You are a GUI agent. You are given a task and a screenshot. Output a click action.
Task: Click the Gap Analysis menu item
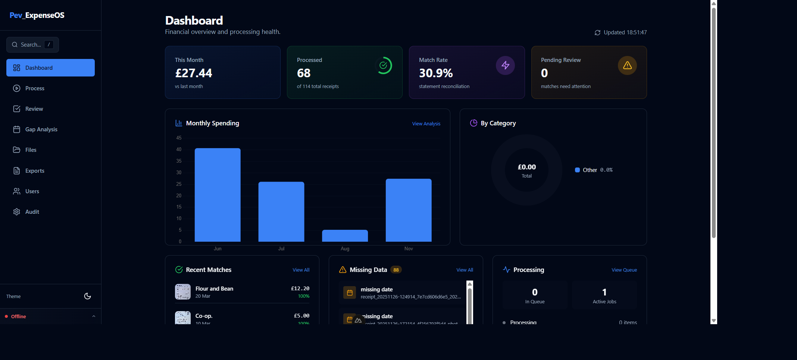click(x=41, y=129)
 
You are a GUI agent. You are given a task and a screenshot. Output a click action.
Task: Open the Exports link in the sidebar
click(x=35, y=171)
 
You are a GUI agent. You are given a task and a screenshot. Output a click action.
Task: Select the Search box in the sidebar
click(x=32, y=45)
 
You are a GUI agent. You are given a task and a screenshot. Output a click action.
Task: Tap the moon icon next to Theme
click(x=88, y=296)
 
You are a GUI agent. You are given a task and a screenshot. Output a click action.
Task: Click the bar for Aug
click(x=345, y=236)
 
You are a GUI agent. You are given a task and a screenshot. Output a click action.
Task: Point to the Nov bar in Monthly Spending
click(x=409, y=210)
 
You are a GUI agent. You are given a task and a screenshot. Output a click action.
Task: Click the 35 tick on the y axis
click(x=179, y=161)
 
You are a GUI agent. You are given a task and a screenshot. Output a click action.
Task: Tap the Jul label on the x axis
click(x=281, y=249)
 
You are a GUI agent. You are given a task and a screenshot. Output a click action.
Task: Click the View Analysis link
click(x=426, y=124)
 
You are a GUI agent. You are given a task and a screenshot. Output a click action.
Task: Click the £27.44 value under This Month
click(x=194, y=73)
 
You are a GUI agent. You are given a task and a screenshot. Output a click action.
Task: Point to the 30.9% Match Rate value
click(x=436, y=73)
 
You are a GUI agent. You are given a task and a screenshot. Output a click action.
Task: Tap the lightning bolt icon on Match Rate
click(x=505, y=65)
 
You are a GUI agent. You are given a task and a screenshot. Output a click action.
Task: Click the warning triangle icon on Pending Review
click(x=627, y=65)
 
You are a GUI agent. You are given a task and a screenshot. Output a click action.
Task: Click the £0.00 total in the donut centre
click(x=526, y=167)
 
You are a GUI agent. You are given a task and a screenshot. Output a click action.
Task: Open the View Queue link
click(x=624, y=270)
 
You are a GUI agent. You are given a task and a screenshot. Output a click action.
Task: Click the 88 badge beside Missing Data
click(x=396, y=270)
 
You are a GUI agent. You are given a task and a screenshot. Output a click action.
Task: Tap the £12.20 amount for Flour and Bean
click(x=300, y=289)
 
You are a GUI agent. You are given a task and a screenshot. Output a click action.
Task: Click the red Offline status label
click(x=18, y=317)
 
